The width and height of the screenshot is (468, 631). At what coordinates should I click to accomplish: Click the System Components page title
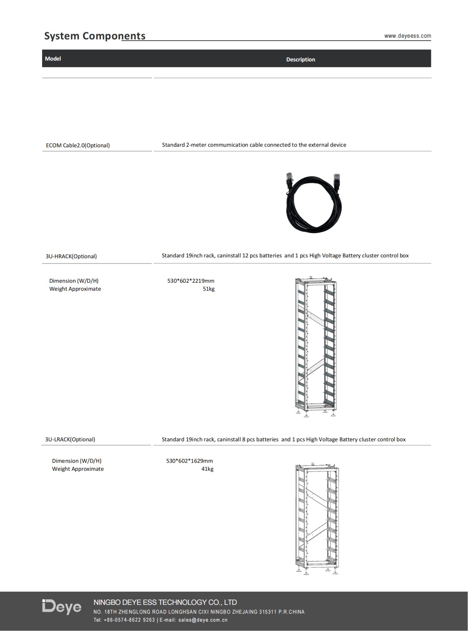point(95,36)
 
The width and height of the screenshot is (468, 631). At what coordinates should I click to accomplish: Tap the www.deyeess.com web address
point(408,36)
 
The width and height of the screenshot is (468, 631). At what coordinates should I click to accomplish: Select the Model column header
point(53,58)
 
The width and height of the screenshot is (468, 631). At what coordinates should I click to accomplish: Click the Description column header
point(300,59)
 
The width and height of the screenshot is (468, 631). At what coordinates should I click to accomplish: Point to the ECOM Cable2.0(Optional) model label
point(78,145)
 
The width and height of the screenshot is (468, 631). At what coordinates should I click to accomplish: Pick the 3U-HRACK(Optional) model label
point(71,256)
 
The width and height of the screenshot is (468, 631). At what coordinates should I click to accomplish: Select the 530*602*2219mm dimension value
point(191,281)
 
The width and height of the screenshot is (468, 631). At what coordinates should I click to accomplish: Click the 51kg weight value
point(208,289)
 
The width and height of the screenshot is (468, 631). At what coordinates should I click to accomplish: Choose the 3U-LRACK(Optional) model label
point(70,439)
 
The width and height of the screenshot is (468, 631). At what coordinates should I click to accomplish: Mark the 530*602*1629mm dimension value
point(190,461)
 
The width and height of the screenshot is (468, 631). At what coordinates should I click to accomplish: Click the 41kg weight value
point(207,469)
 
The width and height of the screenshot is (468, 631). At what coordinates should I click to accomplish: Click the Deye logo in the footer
point(62,607)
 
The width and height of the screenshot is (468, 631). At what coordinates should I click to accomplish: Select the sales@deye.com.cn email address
point(203,620)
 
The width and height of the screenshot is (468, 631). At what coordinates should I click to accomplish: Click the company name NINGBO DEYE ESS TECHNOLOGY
point(165,602)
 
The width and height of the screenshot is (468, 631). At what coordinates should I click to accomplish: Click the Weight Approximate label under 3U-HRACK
point(75,289)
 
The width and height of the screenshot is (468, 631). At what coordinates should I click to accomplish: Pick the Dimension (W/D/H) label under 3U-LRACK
point(76,461)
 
